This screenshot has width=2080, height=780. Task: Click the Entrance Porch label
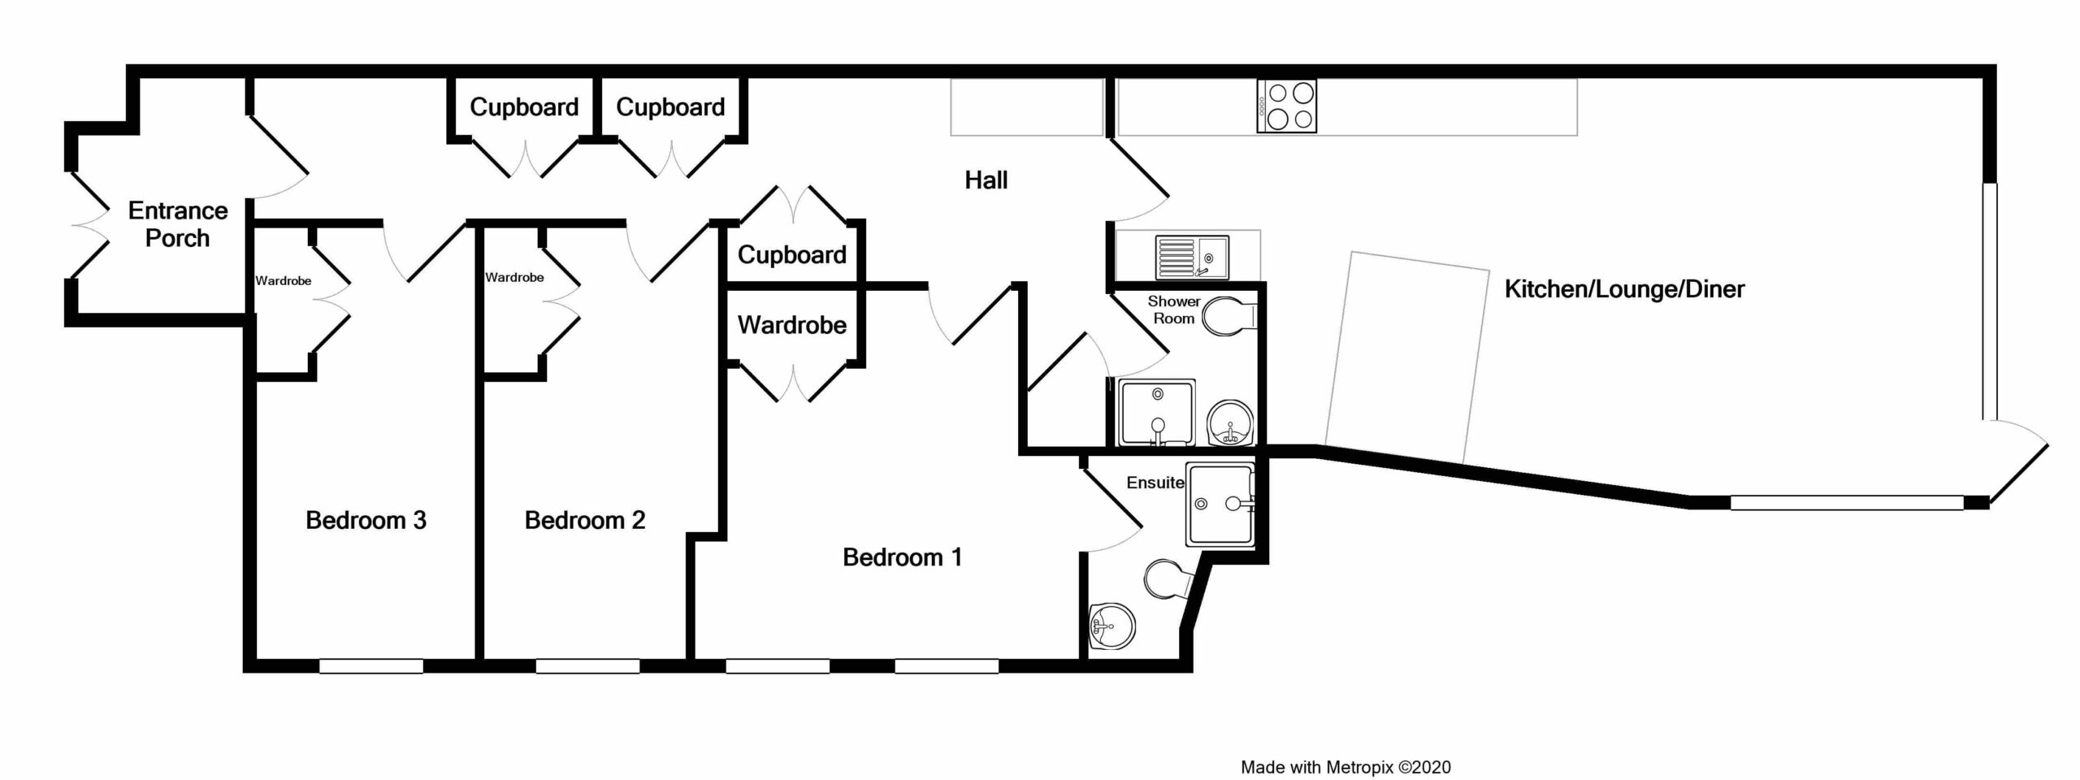tap(178, 224)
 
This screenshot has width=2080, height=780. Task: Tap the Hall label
tap(986, 180)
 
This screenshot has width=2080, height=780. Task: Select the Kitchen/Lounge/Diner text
tap(1624, 289)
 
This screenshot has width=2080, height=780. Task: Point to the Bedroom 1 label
tap(902, 557)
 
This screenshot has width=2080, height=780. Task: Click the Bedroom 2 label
tap(585, 520)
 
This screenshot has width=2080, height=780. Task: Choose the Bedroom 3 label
tap(366, 520)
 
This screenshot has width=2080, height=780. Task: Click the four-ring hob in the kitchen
tap(1287, 106)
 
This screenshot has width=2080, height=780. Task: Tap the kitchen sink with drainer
tap(1192, 257)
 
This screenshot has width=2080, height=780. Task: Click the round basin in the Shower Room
tap(1231, 423)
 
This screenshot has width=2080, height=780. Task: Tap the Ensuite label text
tap(1155, 483)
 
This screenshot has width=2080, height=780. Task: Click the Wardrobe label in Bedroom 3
tap(284, 281)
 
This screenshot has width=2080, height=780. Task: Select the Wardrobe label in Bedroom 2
tap(514, 278)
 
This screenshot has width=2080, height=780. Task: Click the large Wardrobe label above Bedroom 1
tap(792, 326)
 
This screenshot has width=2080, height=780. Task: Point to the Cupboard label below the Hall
tap(792, 255)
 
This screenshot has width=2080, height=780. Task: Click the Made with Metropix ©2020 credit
tap(1345, 767)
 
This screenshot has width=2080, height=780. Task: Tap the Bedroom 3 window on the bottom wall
tap(371, 666)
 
